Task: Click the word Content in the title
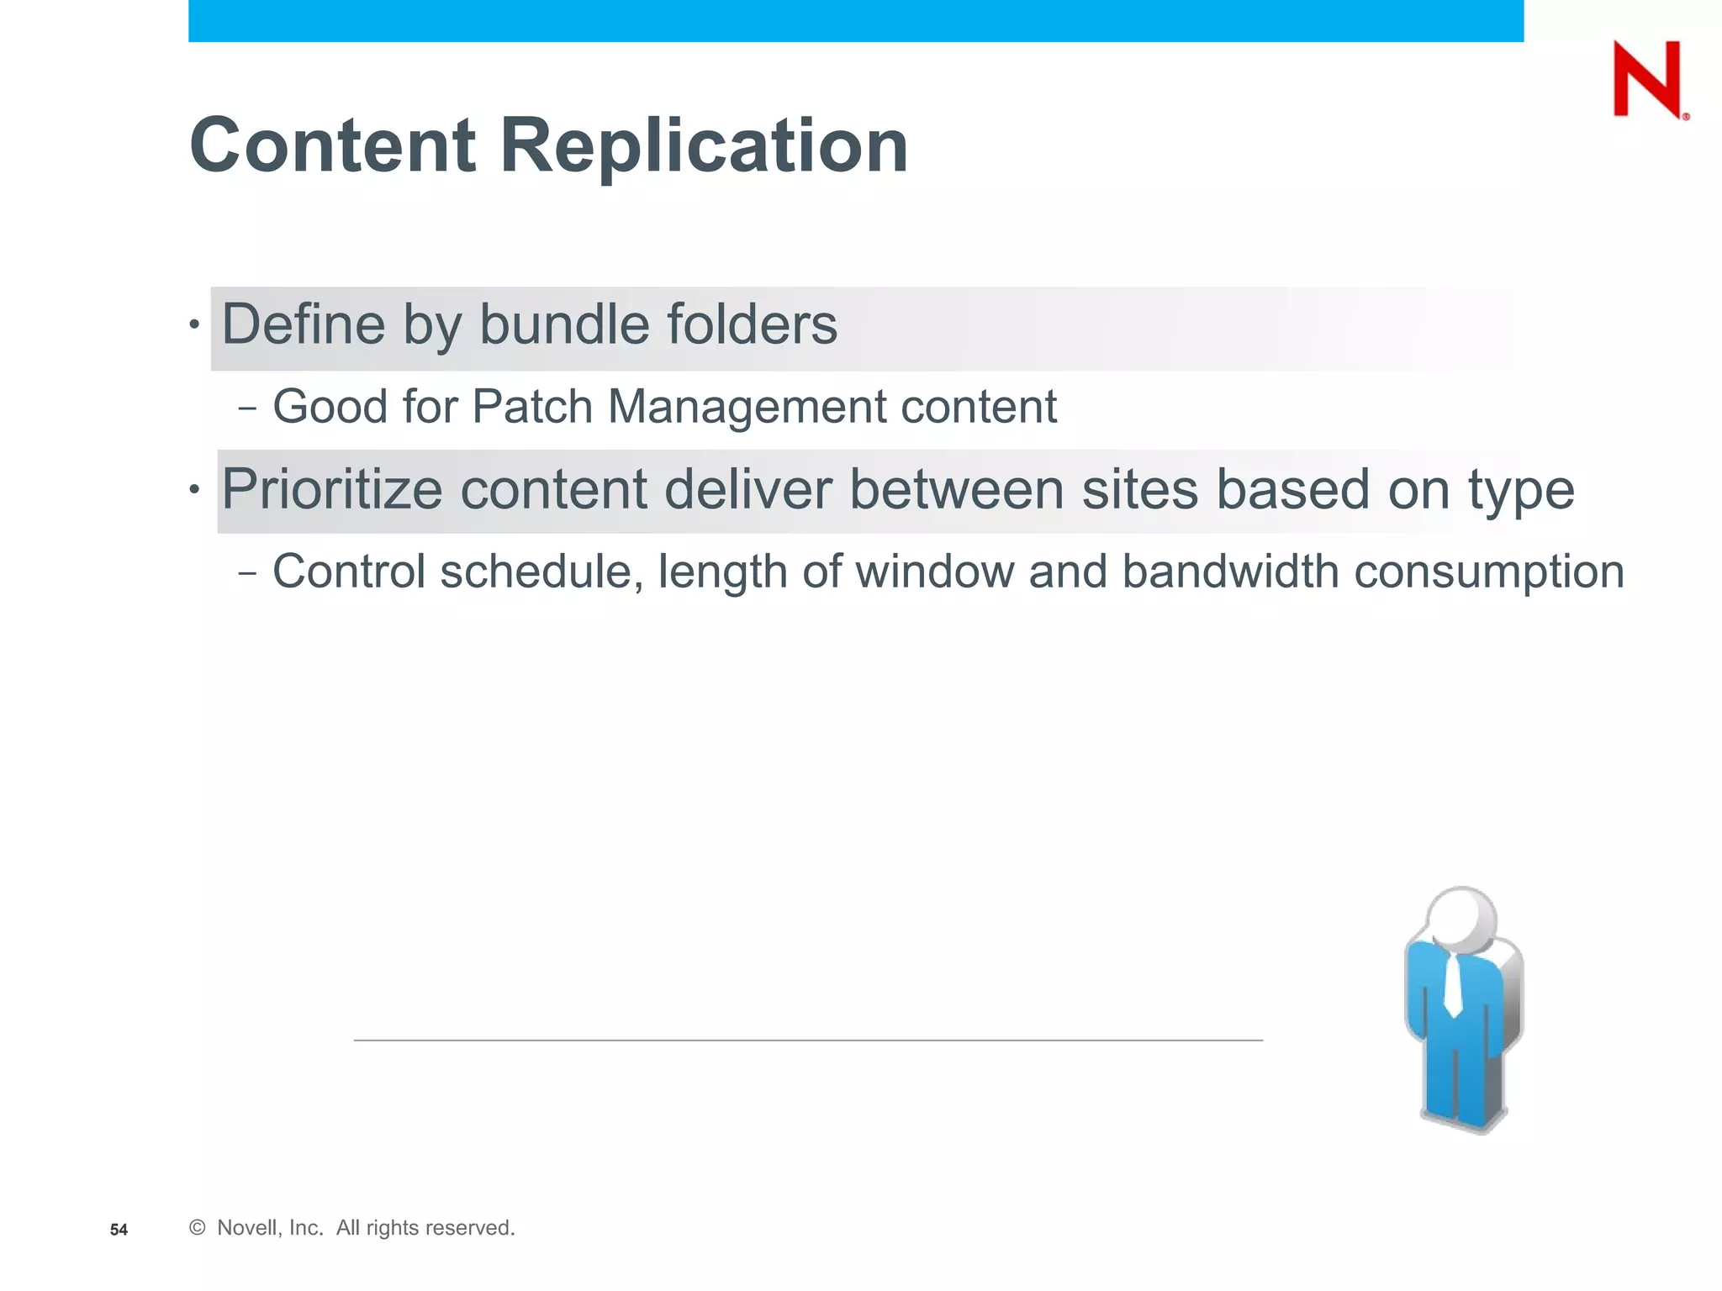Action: (x=333, y=145)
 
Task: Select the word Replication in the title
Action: (x=704, y=145)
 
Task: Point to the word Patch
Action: (x=532, y=407)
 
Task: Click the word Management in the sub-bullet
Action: (x=746, y=407)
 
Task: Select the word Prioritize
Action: (x=331, y=490)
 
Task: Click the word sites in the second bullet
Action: (x=1139, y=490)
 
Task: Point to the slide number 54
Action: (x=119, y=1230)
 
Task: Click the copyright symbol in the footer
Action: (x=198, y=1228)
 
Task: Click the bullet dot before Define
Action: (x=194, y=324)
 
